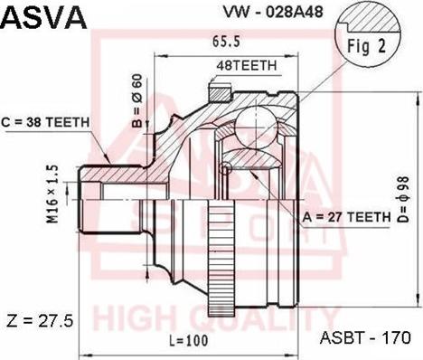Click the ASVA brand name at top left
(x=44, y=17)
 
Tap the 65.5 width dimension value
(x=226, y=42)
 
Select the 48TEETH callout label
(x=247, y=65)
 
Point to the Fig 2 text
(x=367, y=46)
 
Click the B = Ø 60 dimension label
(x=137, y=100)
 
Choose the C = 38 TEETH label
(x=45, y=122)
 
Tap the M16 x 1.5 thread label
(x=52, y=194)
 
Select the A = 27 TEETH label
(x=346, y=217)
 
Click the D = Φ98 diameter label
(x=403, y=199)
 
